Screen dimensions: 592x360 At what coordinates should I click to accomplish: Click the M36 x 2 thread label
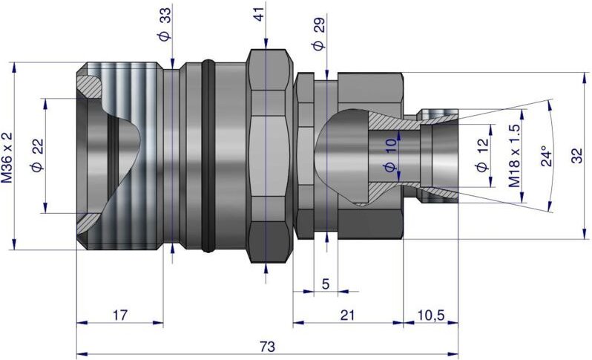(7, 157)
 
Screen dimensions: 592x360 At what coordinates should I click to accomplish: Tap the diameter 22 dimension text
(38, 156)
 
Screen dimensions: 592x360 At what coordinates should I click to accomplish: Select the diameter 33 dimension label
(164, 24)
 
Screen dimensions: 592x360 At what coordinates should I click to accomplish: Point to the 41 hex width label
(259, 13)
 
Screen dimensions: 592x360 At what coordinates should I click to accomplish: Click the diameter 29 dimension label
(318, 34)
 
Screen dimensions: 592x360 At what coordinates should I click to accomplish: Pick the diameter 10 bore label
(390, 155)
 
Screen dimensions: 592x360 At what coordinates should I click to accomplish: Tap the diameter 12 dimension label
(482, 155)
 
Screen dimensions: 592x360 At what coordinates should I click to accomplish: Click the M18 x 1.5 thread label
(514, 156)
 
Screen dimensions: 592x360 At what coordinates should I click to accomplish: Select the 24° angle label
(546, 156)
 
